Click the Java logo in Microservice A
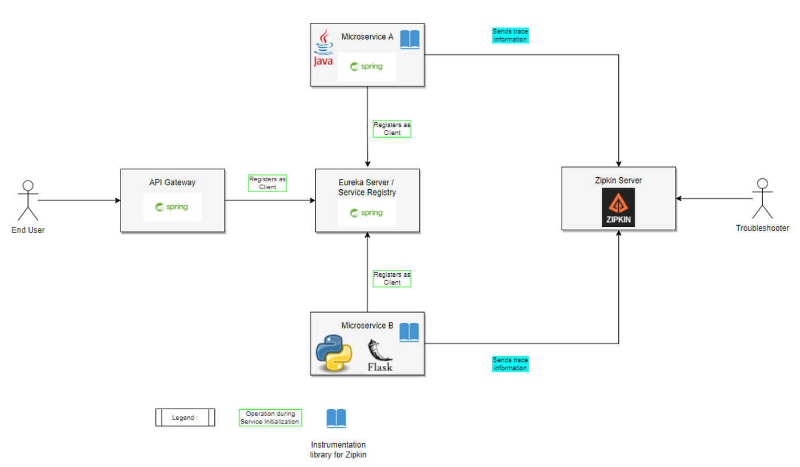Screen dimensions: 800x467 (x=323, y=47)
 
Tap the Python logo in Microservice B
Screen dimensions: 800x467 (x=334, y=353)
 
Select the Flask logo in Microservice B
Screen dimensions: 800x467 (x=380, y=356)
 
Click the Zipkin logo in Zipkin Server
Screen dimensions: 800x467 (x=618, y=207)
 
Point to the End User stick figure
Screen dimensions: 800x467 (x=28, y=200)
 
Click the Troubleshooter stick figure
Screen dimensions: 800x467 (x=762, y=198)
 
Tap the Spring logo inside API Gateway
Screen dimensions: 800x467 (x=172, y=207)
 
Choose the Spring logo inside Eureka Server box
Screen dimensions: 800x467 (x=367, y=213)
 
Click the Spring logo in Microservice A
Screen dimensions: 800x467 (x=367, y=66)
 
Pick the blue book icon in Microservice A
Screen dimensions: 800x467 (x=410, y=39)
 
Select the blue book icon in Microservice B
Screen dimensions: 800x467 (x=409, y=332)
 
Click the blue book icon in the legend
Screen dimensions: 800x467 (x=336, y=418)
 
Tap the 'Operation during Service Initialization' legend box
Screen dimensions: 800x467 (x=270, y=418)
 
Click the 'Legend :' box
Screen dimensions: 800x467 (x=185, y=417)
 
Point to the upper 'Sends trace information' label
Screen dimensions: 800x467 (x=510, y=35)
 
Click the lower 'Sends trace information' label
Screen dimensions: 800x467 (x=510, y=364)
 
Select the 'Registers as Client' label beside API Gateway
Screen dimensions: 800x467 (x=267, y=183)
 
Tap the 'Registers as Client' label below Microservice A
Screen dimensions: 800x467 (x=392, y=129)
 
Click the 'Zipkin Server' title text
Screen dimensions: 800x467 (x=618, y=181)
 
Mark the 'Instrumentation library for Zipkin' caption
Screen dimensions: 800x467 (x=338, y=450)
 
